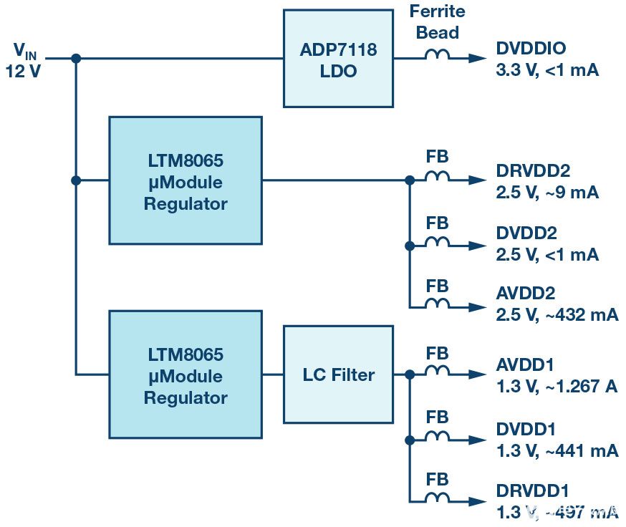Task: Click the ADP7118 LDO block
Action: [x=337, y=59]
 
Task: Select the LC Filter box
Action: [x=337, y=374]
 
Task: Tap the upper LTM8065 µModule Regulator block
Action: [x=186, y=180]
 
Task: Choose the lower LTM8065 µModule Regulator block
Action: [x=186, y=375]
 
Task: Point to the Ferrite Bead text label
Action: [x=437, y=21]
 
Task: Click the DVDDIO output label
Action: [x=531, y=49]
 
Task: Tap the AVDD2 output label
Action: [x=526, y=294]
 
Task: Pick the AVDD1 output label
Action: [x=526, y=365]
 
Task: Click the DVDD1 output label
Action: [x=526, y=429]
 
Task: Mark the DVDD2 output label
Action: [x=526, y=233]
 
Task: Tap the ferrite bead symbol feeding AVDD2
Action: [x=437, y=305]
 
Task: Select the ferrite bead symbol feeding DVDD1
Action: [x=437, y=436]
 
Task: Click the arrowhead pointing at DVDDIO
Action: [x=478, y=59]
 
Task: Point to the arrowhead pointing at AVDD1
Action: [x=478, y=374]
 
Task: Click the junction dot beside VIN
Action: [x=76, y=59]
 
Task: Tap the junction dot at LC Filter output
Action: [x=410, y=374]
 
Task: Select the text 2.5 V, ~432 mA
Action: [x=557, y=314]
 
